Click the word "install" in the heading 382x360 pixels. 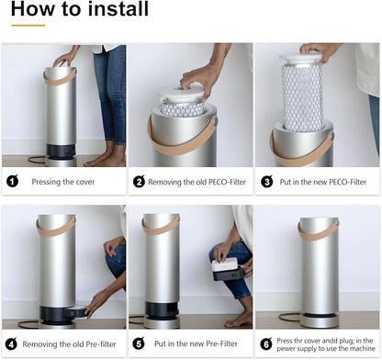coord(117,8)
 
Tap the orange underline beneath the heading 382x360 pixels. coord(28,26)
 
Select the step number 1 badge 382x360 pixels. coord(12,181)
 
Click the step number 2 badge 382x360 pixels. coord(139,182)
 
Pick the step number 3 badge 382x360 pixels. coord(267,182)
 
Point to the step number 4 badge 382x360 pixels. coord(11,343)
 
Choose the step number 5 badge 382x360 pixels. coord(139,343)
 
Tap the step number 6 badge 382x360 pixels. coord(266,343)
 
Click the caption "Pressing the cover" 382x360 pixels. coord(63,182)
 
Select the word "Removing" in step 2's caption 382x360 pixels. coord(164,182)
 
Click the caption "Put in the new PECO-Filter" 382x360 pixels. coord(323,182)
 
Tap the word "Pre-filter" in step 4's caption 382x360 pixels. coord(101,344)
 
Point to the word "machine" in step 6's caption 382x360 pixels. coord(363,348)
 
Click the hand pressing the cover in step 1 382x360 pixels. coord(65,58)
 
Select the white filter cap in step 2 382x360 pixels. coord(182,93)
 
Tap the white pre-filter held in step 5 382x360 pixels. coord(225,264)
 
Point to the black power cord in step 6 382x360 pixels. coord(289,317)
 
